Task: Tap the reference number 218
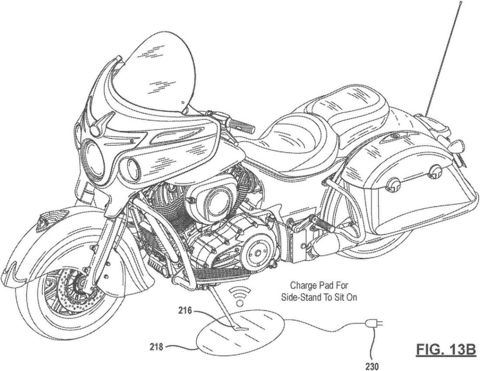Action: [x=157, y=347]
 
